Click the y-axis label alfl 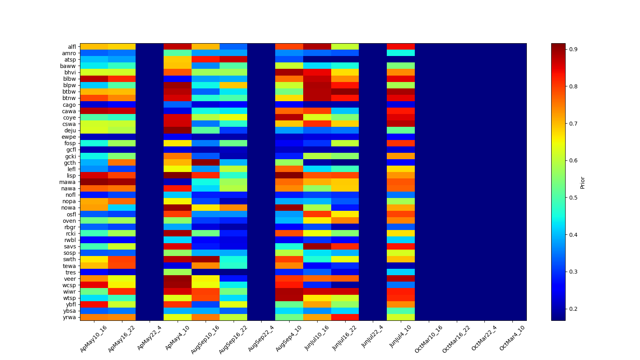tap(72, 47)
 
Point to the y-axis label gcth tap(70, 163)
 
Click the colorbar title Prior tap(582, 182)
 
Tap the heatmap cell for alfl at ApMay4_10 tap(178, 47)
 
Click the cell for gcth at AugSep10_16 tap(206, 163)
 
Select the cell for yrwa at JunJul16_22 tap(345, 318)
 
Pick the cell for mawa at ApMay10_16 tap(94, 182)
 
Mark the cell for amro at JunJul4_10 tap(401, 53)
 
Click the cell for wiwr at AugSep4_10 tap(289, 292)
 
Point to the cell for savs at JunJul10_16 tap(317, 246)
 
